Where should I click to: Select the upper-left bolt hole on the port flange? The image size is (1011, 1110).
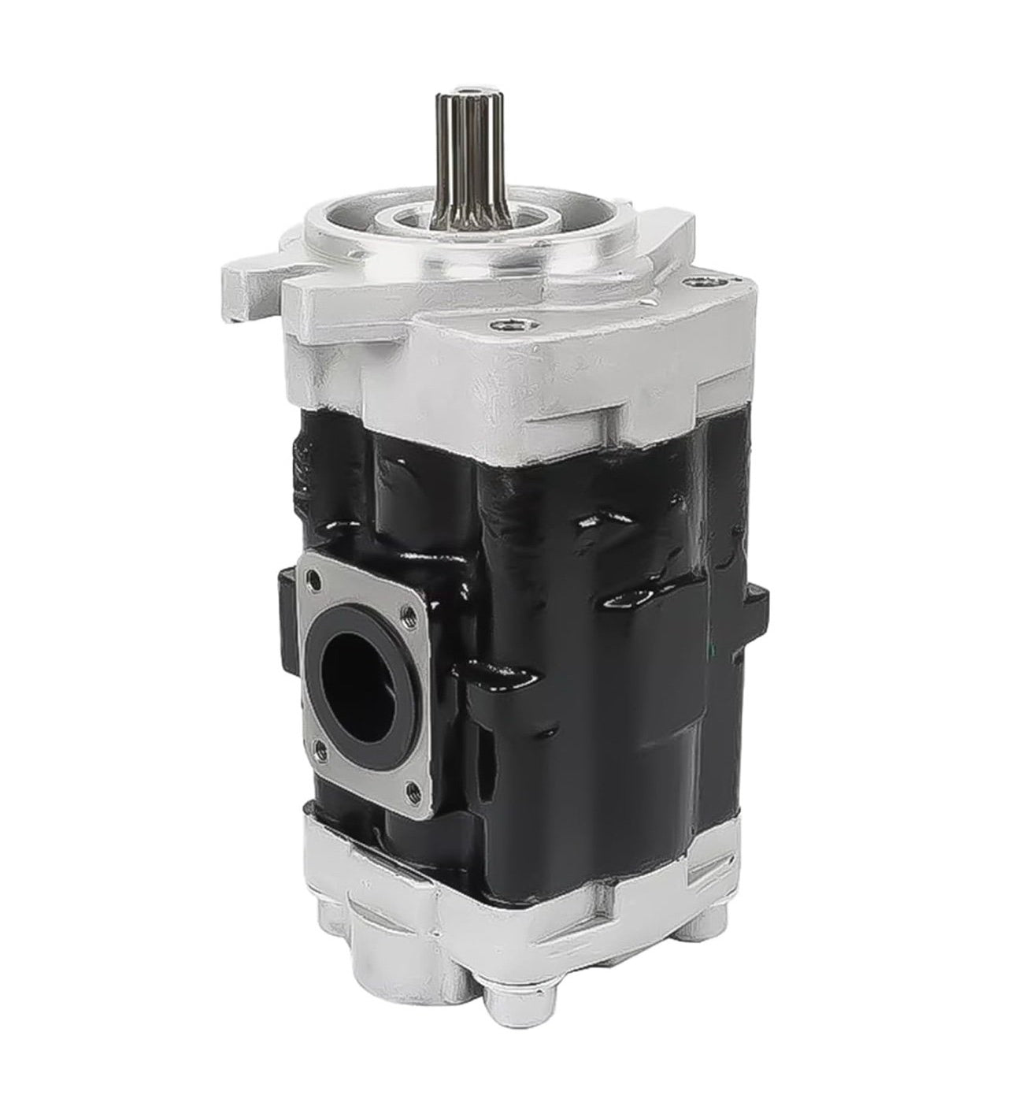[x=315, y=581]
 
